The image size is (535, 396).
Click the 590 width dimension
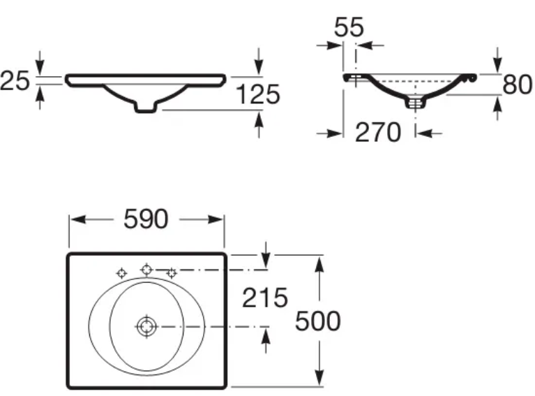[x=146, y=219]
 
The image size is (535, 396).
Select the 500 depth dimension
[x=317, y=321]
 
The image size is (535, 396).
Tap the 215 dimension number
[x=265, y=298]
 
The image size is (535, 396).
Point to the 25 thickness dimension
[x=15, y=81]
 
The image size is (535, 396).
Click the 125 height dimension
[x=257, y=94]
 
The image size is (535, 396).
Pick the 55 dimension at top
[x=349, y=27]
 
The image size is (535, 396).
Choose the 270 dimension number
[x=377, y=133]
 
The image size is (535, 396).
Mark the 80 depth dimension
[x=518, y=85]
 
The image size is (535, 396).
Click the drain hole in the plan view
[x=146, y=327]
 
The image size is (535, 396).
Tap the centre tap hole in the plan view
[x=146, y=270]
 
